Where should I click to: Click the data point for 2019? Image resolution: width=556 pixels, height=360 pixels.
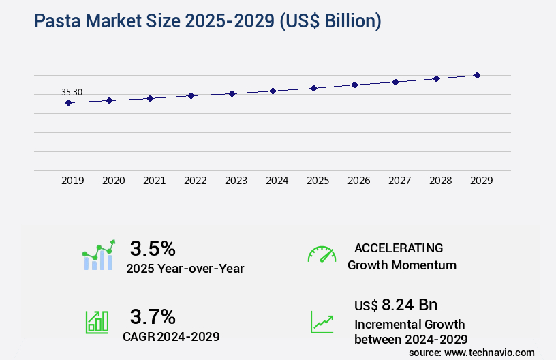(68, 103)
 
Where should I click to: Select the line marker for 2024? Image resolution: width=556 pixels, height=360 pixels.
(273, 91)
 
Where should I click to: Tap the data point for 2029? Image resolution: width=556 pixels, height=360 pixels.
(477, 75)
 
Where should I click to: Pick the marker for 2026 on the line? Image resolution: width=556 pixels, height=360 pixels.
(354, 85)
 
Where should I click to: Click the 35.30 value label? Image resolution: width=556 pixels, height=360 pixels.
(72, 92)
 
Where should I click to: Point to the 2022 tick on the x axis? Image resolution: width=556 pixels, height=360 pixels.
(195, 181)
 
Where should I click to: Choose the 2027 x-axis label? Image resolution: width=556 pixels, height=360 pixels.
(399, 181)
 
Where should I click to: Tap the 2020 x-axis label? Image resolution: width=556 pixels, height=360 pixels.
(113, 181)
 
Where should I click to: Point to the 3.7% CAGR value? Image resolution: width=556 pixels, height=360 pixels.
(153, 316)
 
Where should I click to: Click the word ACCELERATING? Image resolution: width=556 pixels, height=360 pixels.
(399, 248)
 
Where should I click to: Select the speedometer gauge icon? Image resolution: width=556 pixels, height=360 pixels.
(322, 254)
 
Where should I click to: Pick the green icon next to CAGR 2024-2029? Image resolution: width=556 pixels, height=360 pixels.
(97, 321)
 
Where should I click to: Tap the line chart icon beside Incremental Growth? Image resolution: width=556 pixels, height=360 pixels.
(322, 321)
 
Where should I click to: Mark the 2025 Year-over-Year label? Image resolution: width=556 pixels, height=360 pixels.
(185, 269)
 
